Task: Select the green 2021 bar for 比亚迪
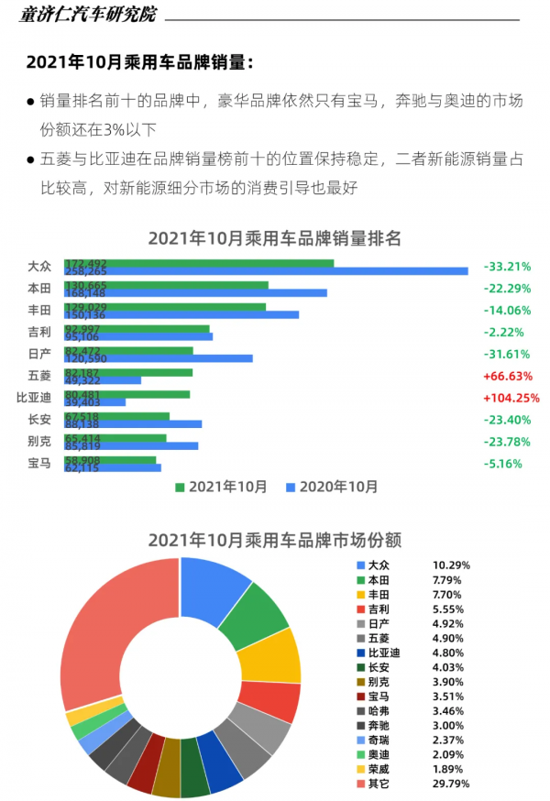click(126, 394)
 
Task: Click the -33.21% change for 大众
click(507, 267)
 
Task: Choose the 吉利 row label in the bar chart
click(39, 332)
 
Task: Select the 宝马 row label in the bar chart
click(39, 463)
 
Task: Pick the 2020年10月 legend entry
click(331, 487)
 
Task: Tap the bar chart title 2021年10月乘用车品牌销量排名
click(275, 238)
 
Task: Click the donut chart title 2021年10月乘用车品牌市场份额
click(275, 540)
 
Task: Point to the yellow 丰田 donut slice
click(273, 655)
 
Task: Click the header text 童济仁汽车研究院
click(88, 15)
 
